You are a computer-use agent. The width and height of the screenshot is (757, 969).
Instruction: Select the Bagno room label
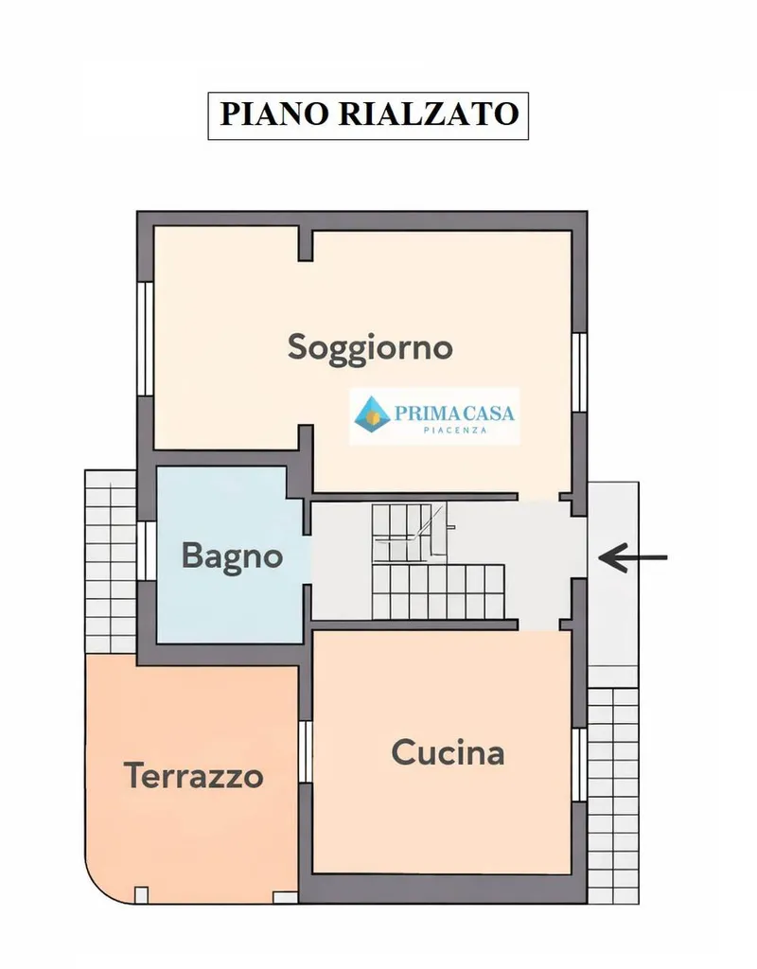pos(233,556)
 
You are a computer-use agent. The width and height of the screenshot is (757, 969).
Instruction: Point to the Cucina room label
pos(448,752)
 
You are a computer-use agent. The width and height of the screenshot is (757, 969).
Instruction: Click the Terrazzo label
pos(194,776)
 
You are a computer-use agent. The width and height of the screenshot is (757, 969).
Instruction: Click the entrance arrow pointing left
pos(633,557)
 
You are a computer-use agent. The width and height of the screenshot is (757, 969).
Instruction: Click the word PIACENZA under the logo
pos(455,431)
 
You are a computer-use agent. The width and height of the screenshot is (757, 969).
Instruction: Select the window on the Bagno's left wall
pos(147,551)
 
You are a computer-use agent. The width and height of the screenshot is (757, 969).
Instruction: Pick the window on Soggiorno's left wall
pos(145,339)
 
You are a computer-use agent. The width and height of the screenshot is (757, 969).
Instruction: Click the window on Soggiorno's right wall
pos(579,373)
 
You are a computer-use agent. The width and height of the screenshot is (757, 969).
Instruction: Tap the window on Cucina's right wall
pos(579,765)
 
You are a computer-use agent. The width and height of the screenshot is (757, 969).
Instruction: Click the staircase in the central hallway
pos(438,561)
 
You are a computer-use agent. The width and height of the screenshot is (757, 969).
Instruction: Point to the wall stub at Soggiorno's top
pos(306,243)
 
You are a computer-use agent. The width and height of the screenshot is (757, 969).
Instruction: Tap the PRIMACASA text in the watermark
pos(454,413)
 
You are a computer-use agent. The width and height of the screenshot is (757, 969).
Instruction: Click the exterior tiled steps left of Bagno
pos(110,561)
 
